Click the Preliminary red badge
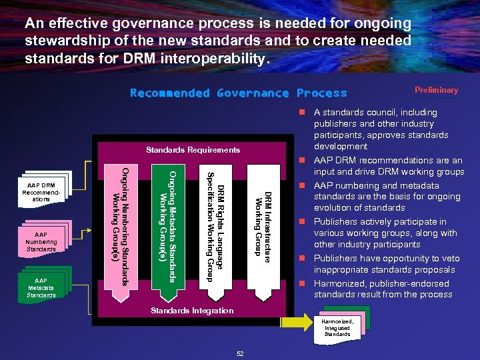(x=436, y=90)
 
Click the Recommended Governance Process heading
(x=239, y=93)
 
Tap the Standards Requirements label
(x=193, y=150)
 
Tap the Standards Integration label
(x=192, y=311)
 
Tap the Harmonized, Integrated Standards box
(x=338, y=327)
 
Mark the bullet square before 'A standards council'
(x=302, y=113)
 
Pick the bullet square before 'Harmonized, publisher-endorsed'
(x=302, y=284)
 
